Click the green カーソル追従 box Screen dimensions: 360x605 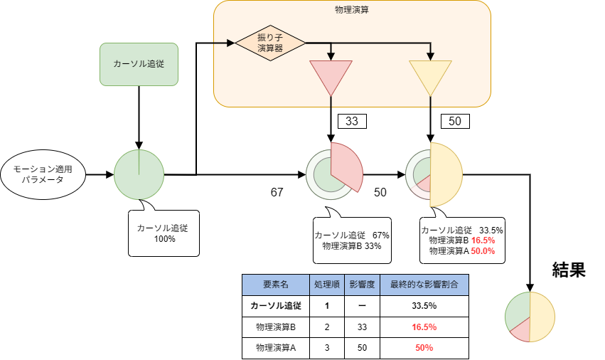(139, 63)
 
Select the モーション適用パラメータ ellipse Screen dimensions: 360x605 (43, 174)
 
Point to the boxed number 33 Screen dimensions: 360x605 (351, 121)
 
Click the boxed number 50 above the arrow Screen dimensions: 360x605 (455, 121)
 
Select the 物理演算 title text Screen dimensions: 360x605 (351, 10)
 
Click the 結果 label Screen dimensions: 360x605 (569, 270)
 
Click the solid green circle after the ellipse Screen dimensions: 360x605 (139, 174)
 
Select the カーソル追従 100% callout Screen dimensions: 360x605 (164, 233)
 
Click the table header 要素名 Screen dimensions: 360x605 (275, 284)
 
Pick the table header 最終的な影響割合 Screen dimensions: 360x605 (424, 284)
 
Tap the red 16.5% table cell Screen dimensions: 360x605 (424, 327)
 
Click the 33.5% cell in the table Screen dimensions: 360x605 (424, 305)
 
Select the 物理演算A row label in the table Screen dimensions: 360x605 (275, 348)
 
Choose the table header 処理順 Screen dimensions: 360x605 (326, 284)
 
